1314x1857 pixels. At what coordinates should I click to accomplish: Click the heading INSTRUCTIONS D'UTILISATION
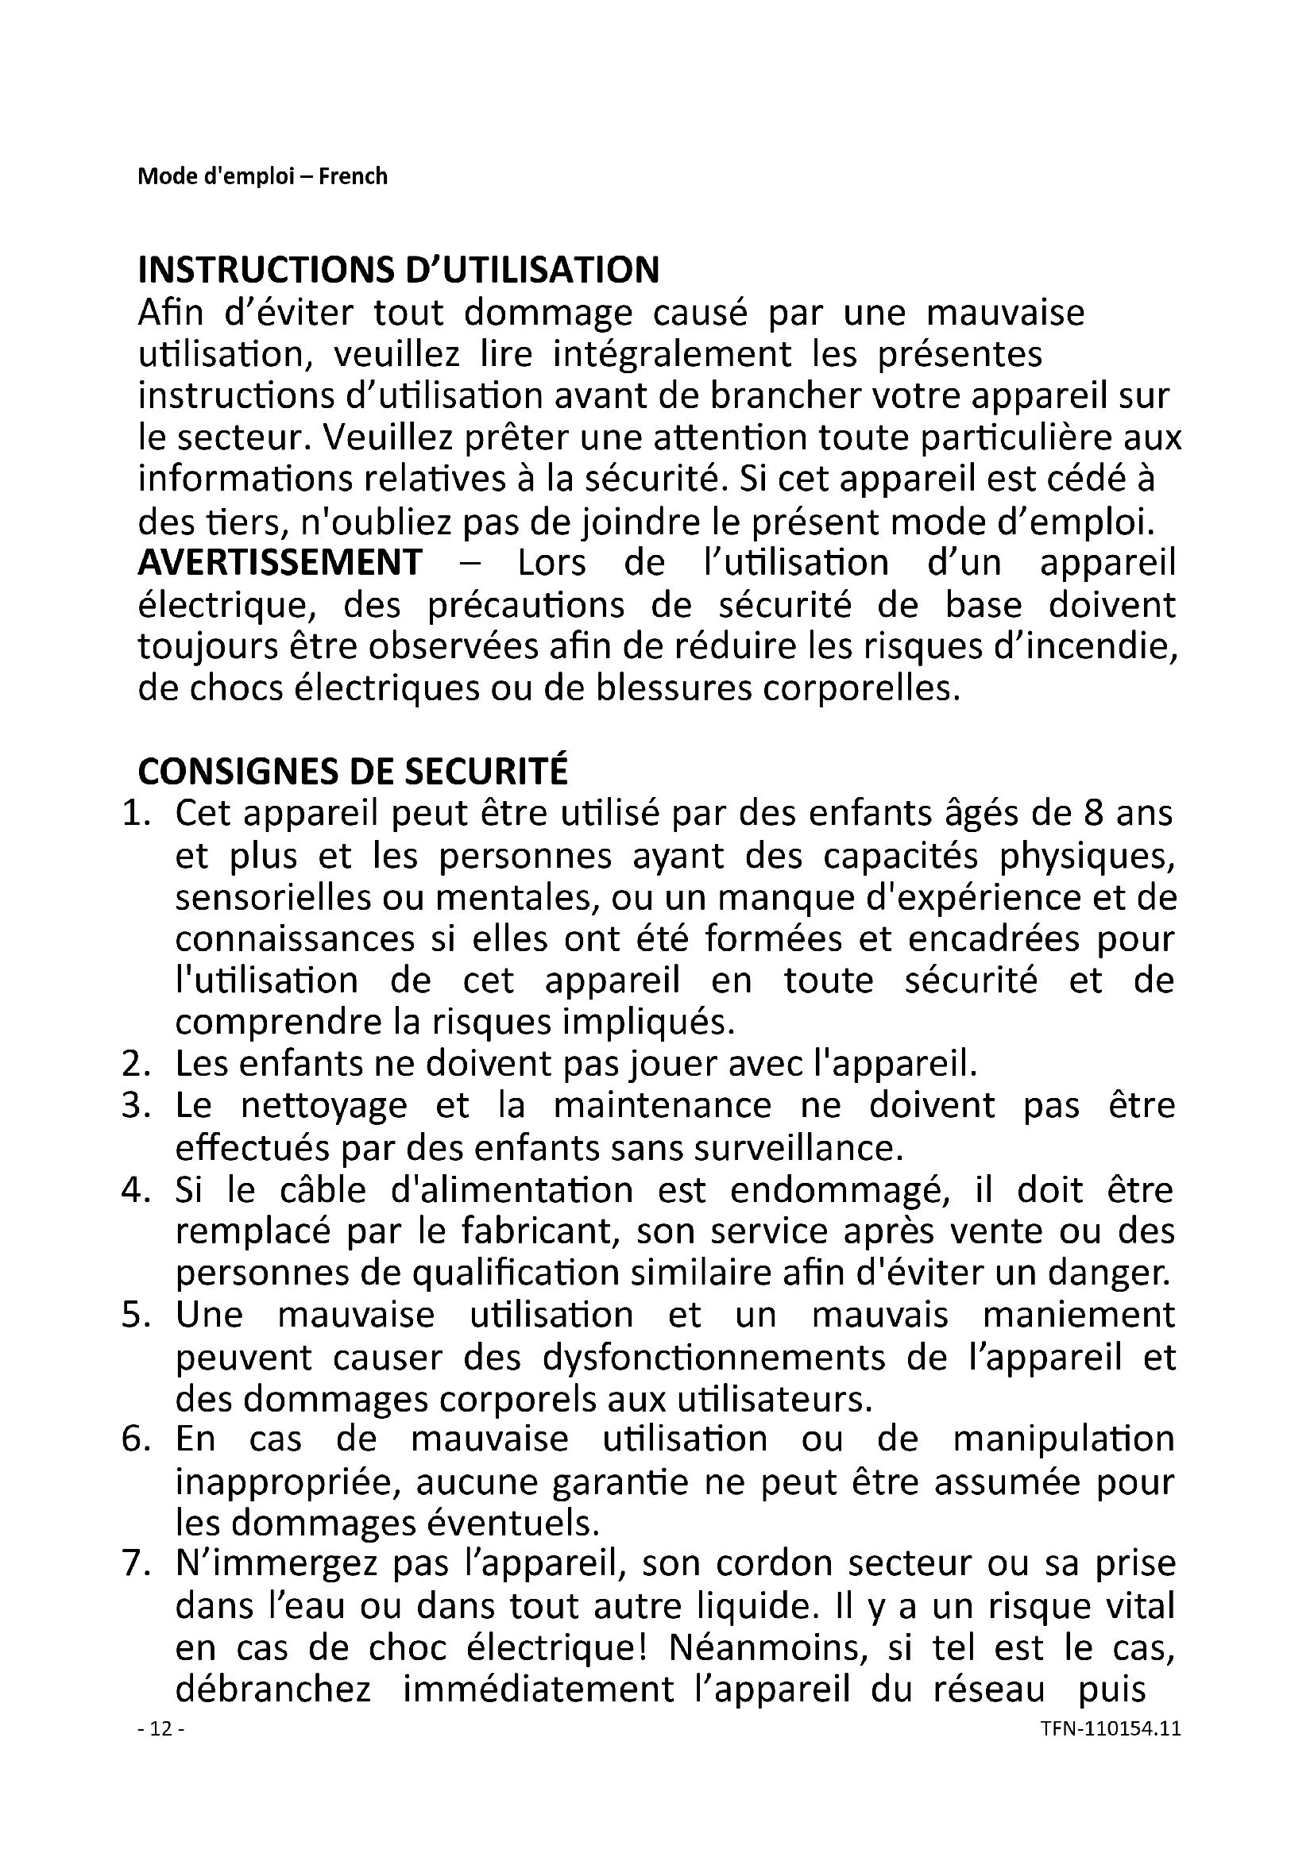398,269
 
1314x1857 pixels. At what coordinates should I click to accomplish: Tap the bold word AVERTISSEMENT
280,563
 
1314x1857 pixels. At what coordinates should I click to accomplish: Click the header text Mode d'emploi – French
262,176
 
